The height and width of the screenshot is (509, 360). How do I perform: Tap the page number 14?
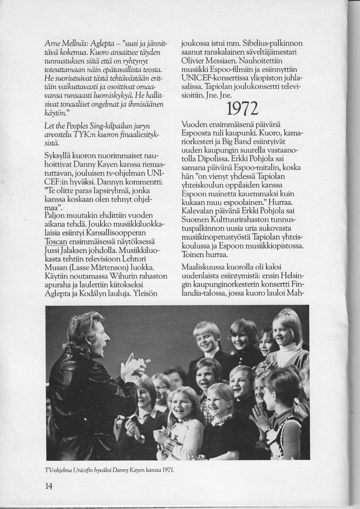[x=49, y=486]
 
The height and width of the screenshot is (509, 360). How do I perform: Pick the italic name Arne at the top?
[x=52, y=44]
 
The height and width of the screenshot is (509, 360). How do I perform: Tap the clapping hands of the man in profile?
[x=133, y=368]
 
